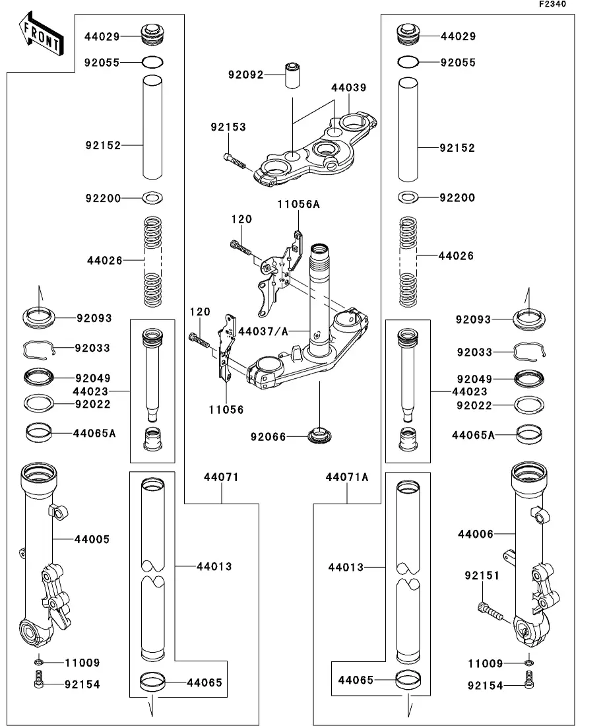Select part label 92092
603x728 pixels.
coord(245,75)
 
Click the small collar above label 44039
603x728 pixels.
coord(293,76)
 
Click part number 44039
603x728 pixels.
coord(348,87)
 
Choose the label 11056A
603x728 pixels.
coord(298,205)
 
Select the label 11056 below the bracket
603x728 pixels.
coord(227,410)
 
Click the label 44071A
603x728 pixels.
coord(346,477)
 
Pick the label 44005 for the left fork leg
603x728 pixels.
coord(92,539)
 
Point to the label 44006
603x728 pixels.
coord(476,534)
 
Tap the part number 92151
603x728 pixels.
coord(482,576)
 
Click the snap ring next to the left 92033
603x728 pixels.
coord(38,348)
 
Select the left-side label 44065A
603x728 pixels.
coord(94,434)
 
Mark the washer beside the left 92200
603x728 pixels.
coord(153,198)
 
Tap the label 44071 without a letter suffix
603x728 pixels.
coord(221,477)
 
